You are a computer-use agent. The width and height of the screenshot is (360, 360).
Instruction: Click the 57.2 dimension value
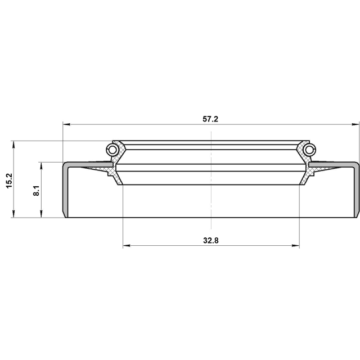pos(210,119)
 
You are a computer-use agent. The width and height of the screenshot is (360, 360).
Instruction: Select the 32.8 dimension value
pos(211,241)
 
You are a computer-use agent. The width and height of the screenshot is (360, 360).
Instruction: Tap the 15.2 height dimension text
pos(10,181)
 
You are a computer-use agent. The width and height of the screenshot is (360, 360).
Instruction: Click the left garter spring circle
pos(112,150)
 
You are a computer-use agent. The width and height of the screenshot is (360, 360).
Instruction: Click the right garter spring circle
pos(309,150)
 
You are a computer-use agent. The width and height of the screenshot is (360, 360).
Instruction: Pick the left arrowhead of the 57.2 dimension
pos(66,124)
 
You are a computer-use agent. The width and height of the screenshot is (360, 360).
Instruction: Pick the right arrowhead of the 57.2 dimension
pos(355,124)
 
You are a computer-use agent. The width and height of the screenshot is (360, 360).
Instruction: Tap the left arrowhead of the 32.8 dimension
pos(127,246)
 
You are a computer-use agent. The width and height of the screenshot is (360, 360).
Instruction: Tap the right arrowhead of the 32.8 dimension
pos(296,246)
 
